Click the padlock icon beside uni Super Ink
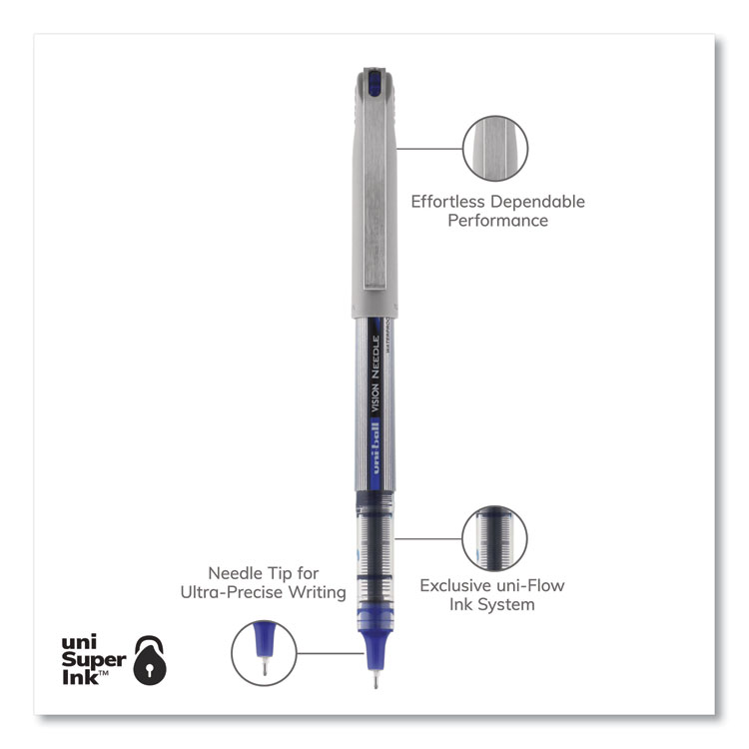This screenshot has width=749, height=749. point(149,657)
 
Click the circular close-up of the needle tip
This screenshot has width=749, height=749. point(265,652)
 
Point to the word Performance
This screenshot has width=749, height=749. point(497,221)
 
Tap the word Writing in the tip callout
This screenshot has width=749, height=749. point(316,592)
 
